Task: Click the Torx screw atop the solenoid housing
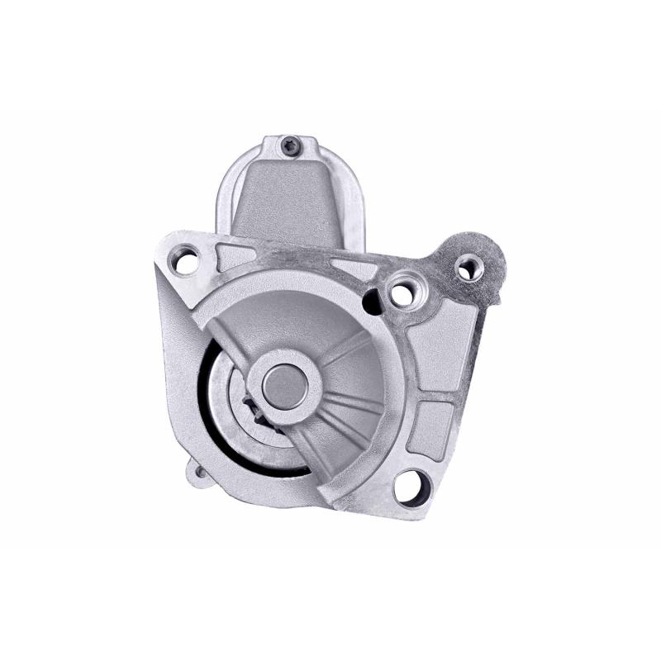coord(289,145)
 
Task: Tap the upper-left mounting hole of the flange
coord(185,262)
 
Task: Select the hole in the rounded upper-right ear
coord(470,266)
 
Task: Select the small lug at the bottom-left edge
coord(199,473)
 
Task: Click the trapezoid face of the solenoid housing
coord(285,198)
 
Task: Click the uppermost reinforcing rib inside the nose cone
coord(346,347)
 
